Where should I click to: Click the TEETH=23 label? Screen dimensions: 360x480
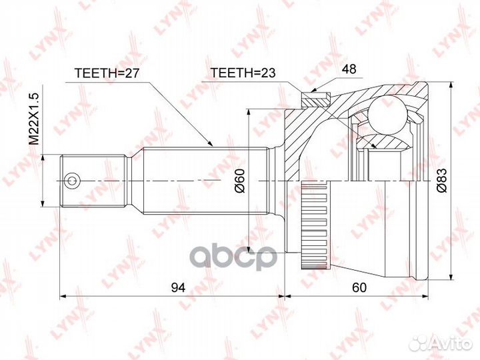tap(243, 73)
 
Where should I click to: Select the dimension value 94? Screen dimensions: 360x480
tap(178, 287)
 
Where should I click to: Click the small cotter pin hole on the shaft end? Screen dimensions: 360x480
tap(71, 180)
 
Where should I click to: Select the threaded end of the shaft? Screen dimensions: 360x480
tap(93, 180)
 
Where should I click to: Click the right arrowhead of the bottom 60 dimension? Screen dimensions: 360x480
tap(425, 295)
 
